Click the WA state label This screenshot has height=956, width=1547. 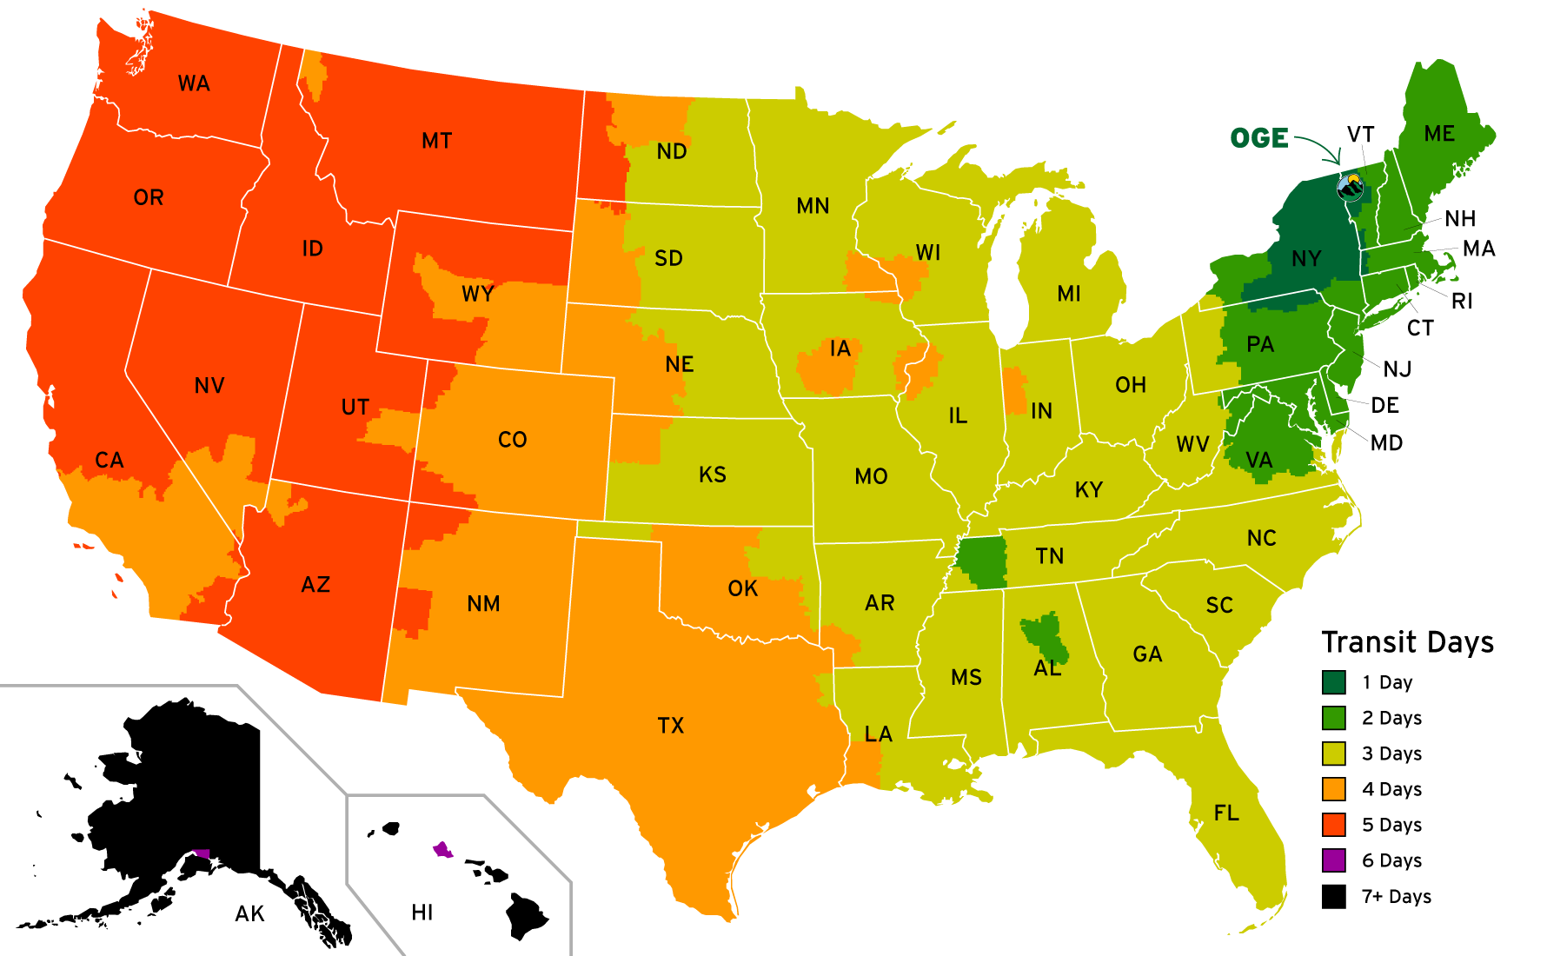click(194, 83)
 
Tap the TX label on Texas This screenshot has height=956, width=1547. click(671, 725)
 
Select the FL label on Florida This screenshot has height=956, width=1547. click(1226, 813)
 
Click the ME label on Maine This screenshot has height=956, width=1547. click(1439, 134)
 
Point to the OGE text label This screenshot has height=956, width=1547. click(1259, 138)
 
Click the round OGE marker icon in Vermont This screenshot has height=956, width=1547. click(1351, 186)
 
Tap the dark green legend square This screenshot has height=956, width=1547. click(1333, 682)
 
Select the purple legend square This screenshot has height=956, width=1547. click(1333, 860)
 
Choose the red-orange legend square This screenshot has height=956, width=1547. click(1333, 825)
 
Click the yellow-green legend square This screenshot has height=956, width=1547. click(1333, 754)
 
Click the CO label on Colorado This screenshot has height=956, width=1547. click(512, 440)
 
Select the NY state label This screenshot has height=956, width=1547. click(1305, 258)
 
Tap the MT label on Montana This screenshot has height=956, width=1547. click(436, 141)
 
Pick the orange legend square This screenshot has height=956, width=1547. click(1333, 789)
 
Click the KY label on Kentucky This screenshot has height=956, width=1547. click(1088, 489)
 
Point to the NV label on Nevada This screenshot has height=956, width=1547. click(209, 385)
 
